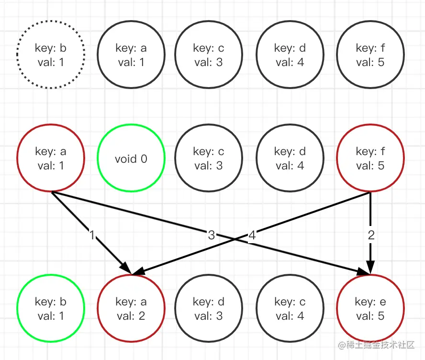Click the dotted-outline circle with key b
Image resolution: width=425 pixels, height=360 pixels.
coord(50,55)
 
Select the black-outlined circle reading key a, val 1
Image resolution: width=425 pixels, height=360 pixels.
coord(131,55)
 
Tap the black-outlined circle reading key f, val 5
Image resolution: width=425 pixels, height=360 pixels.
coord(370,55)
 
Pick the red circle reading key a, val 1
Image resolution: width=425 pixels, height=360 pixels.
coord(50,158)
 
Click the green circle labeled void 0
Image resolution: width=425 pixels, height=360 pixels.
coord(131,158)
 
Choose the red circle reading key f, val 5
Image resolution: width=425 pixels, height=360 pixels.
coord(370,158)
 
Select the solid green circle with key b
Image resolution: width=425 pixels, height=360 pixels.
coord(50,309)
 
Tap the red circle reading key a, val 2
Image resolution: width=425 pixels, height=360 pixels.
coord(131,309)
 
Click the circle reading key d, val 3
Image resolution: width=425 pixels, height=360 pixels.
coord(209,309)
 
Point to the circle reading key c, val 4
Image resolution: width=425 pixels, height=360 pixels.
coord(290,309)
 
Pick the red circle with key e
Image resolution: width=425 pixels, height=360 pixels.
coord(370,309)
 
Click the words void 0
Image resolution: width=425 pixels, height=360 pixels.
coord(131,159)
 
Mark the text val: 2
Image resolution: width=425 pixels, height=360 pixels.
coord(131,316)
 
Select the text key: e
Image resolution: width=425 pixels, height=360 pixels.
coord(370,302)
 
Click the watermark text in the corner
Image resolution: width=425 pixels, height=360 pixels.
coord(379,345)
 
